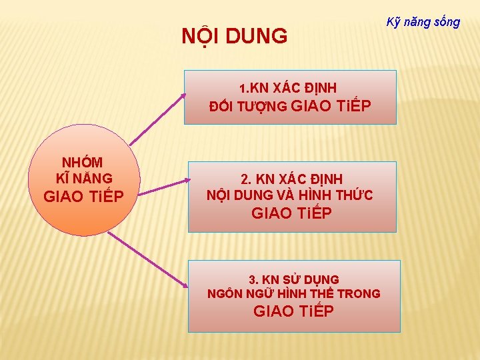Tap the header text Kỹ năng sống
tap(423, 21)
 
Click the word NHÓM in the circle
tap(83, 162)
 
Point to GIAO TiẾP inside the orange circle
tap(83, 197)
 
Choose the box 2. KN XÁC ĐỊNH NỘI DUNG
tap(291, 197)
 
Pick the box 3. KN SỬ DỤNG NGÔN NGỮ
tap(294, 296)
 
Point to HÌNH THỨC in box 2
tap(343, 195)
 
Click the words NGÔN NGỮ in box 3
tap(240, 293)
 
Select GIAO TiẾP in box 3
tap(294, 311)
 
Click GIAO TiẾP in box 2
tap(291, 213)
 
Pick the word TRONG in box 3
tap(359, 293)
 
